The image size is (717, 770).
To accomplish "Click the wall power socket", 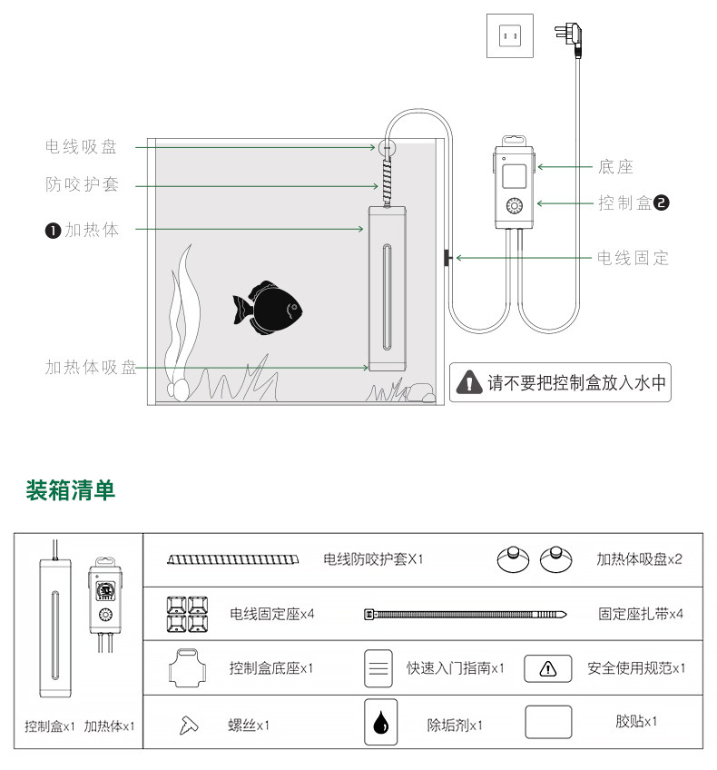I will (508, 37).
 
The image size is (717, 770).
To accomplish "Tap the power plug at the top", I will (571, 38).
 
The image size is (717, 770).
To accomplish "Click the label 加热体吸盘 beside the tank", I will (91, 368).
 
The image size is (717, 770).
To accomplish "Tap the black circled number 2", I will (661, 203).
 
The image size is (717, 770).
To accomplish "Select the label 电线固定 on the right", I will (633, 259).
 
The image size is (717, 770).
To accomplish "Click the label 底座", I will (615, 166).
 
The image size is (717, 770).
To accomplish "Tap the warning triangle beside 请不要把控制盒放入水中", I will (468, 382).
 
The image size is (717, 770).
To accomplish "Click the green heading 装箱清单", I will (71, 491).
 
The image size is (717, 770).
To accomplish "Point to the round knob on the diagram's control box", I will (515, 205).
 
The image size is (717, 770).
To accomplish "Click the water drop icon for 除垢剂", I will (380, 724).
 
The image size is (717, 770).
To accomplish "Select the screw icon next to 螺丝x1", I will (189, 725).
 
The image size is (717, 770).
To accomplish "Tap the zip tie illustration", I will (466, 614).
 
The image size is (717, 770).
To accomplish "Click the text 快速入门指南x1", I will (456, 668).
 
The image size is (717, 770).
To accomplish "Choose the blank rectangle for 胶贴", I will (548, 723).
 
